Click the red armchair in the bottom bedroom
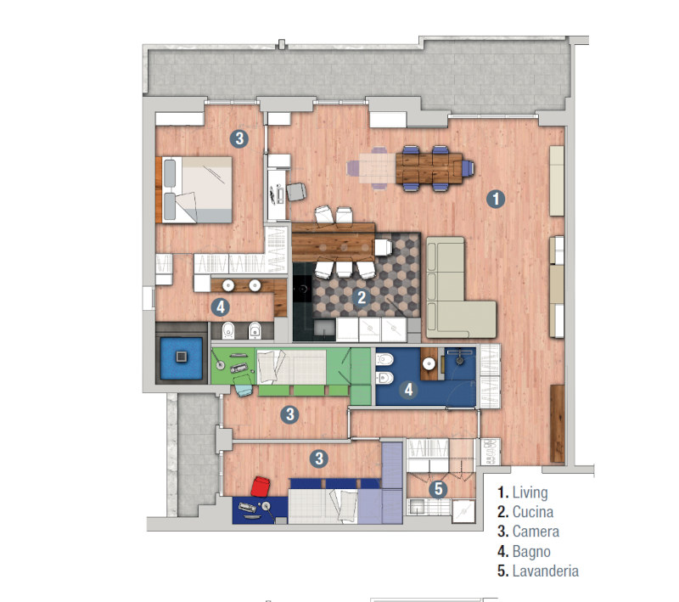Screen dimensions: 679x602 click(x=261, y=487)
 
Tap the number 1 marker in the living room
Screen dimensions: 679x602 click(x=496, y=199)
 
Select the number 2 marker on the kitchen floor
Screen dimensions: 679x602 click(x=362, y=297)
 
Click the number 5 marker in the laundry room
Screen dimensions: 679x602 click(x=438, y=489)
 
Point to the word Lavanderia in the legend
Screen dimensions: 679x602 click(x=546, y=571)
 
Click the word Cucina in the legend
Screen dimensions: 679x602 click(x=533, y=512)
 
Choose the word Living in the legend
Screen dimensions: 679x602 click(x=530, y=492)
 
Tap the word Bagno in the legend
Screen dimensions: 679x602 click(x=532, y=551)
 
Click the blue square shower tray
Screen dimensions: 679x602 click(x=182, y=357)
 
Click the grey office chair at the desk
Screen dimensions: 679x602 click(x=296, y=191)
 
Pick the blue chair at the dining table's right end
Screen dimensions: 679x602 click(x=468, y=167)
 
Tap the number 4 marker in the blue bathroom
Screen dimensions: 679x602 click(x=408, y=390)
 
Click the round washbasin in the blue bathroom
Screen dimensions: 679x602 click(x=429, y=364)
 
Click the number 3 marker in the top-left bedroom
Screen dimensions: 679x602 click(x=239, y=138)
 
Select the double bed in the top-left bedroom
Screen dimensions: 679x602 click(x=194, y=189)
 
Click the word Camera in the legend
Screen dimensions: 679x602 click(x=536, y=532)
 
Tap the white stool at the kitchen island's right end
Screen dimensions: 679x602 click(x=384, y=247)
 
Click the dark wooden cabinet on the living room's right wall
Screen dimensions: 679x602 click(x=558, y=424)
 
